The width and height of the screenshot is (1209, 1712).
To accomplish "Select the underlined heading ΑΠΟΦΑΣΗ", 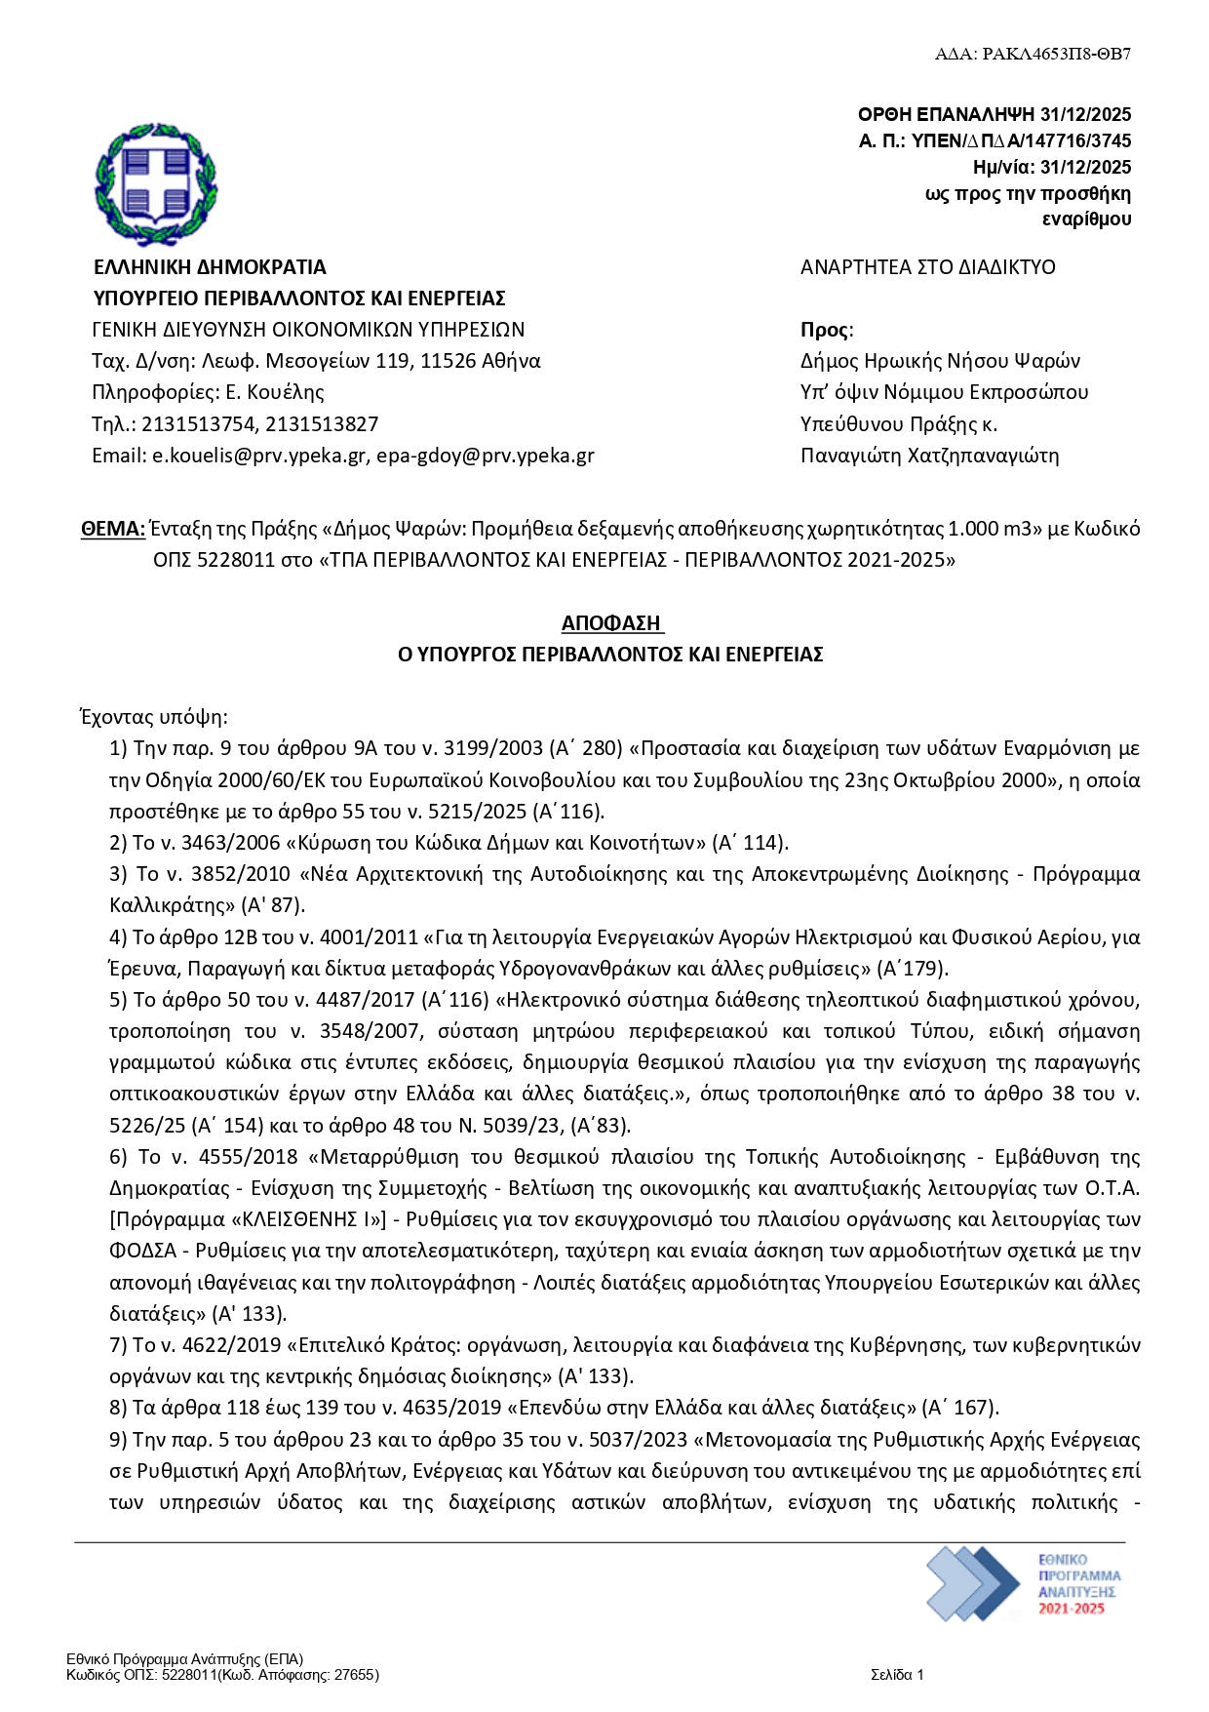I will (611, 622).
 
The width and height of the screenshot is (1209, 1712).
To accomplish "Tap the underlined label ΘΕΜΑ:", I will (113, 529).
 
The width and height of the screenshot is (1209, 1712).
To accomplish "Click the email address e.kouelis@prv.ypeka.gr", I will (258, 456).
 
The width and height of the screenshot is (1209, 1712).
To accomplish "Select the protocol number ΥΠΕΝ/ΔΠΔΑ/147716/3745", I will (1021, 140).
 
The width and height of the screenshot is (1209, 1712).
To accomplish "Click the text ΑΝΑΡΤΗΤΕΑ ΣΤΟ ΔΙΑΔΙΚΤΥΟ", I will (927, 267).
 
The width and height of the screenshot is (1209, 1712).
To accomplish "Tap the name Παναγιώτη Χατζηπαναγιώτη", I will (929, 456).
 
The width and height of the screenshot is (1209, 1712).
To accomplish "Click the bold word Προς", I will (824, 330).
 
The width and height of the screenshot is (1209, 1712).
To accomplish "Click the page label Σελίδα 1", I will (897, 1675).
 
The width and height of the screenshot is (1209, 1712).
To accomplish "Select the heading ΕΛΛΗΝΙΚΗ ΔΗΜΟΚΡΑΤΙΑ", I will (210, 267).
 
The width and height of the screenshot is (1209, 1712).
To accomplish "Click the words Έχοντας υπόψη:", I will (153, 718).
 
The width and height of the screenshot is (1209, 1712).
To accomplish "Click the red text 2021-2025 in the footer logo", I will (1072, 1609).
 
